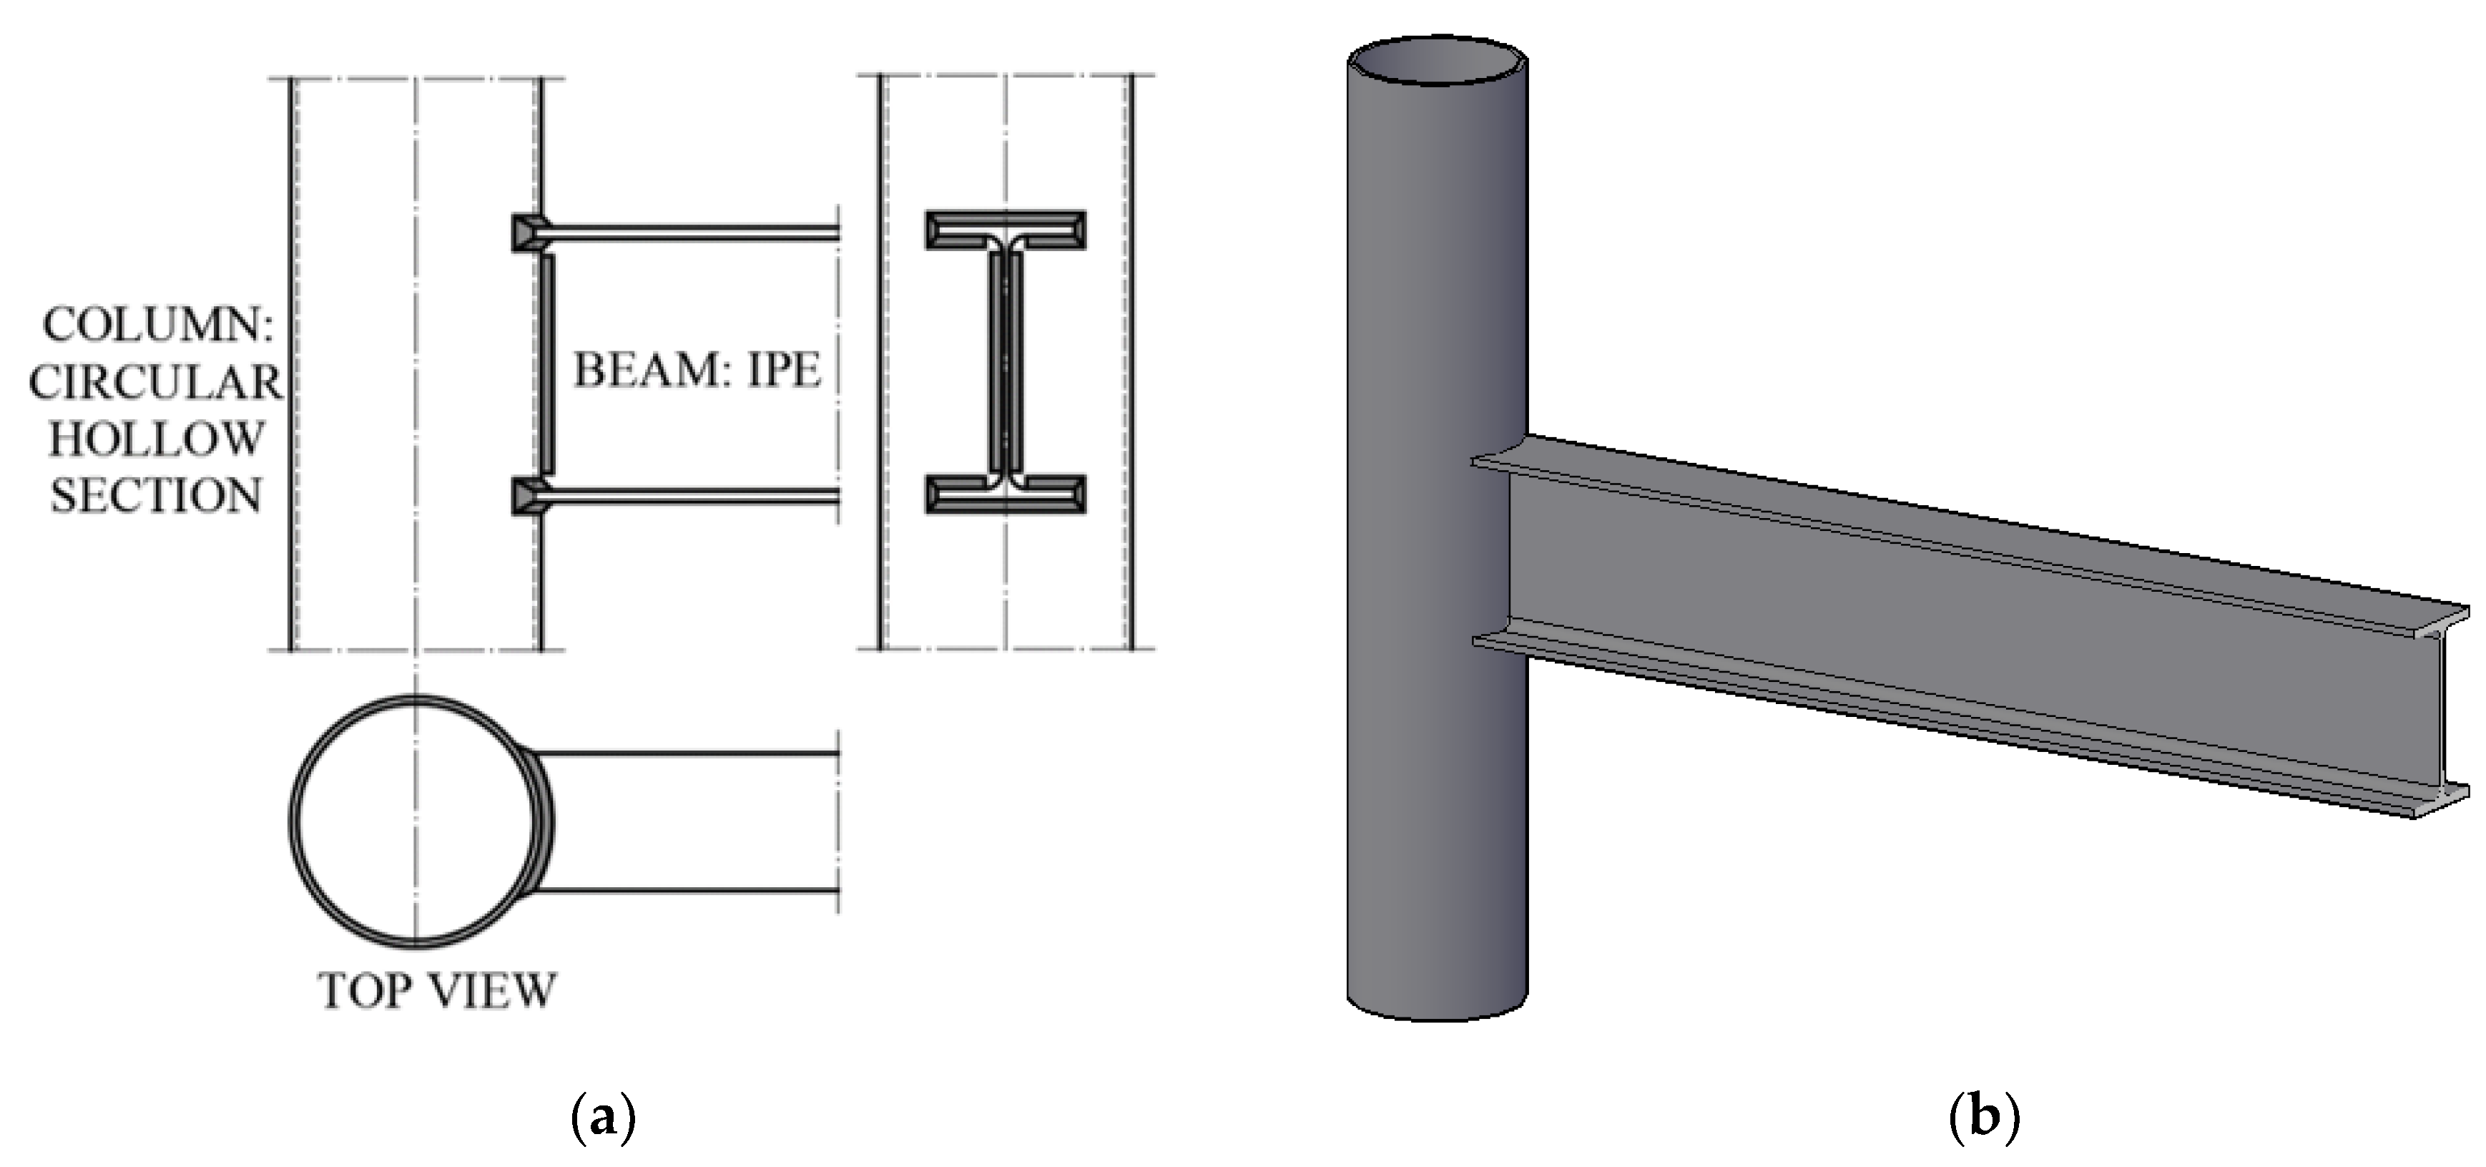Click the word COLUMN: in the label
157,326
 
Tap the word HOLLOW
155,439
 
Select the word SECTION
155,496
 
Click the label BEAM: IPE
697,370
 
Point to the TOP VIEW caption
437,990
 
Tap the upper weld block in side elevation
528,233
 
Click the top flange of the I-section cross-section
1006,230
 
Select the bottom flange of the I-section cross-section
1006,493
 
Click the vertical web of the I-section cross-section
1006,362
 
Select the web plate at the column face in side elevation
547,364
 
